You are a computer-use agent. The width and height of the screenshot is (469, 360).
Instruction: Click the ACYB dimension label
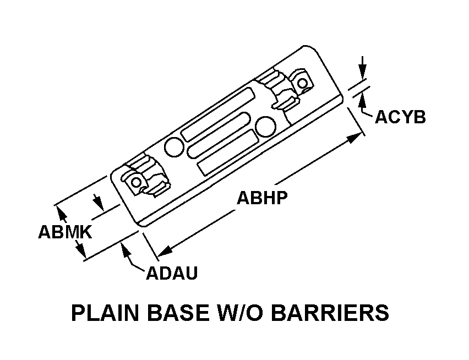point(400,117)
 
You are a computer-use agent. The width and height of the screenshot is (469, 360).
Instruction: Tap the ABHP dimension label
point(262,198)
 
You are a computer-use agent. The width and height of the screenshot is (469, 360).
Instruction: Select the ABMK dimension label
point(64,232)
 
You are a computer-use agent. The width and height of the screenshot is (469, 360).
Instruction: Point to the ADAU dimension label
point(172,272)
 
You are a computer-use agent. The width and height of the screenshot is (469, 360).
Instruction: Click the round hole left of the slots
point(174,146)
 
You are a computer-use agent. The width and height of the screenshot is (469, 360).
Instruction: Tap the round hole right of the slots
point(267,123)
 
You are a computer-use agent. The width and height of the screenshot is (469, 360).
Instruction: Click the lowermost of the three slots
point(227,152)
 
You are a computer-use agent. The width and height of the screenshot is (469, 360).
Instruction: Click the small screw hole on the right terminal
point(302,83)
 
